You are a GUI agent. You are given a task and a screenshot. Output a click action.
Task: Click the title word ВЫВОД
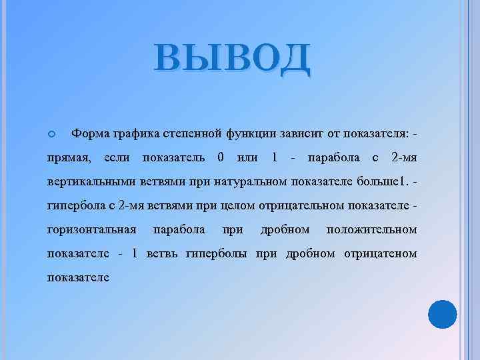231,58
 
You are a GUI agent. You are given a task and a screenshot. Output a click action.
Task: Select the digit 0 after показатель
221,157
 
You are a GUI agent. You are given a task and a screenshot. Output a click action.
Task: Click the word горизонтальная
92,230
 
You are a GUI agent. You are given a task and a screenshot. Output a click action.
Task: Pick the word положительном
371,230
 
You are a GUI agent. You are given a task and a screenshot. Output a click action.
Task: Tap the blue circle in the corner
441,315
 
